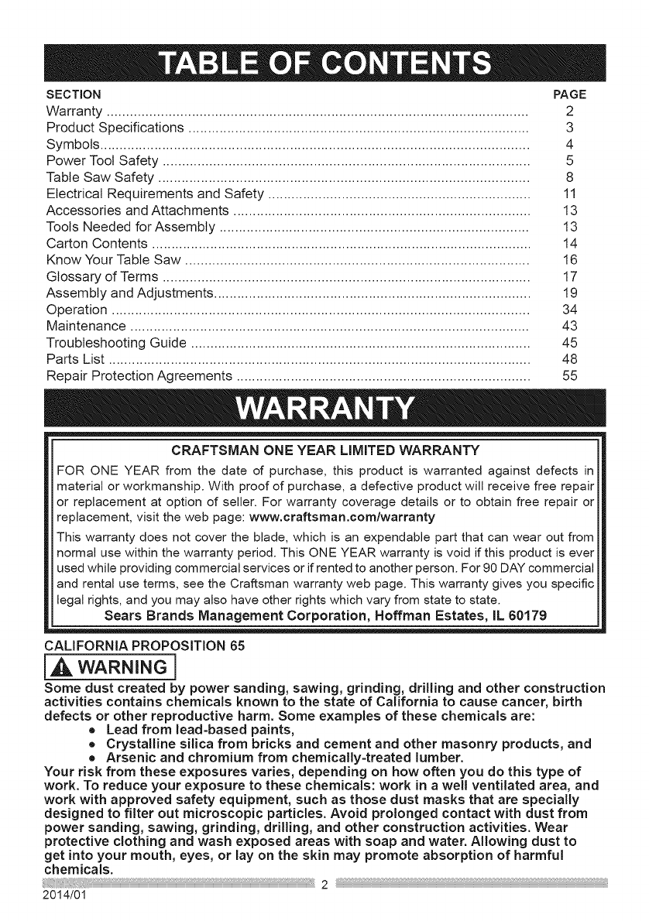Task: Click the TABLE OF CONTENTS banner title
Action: pos(324,63)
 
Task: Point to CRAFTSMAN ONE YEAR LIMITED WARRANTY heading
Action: pos(325,450)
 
